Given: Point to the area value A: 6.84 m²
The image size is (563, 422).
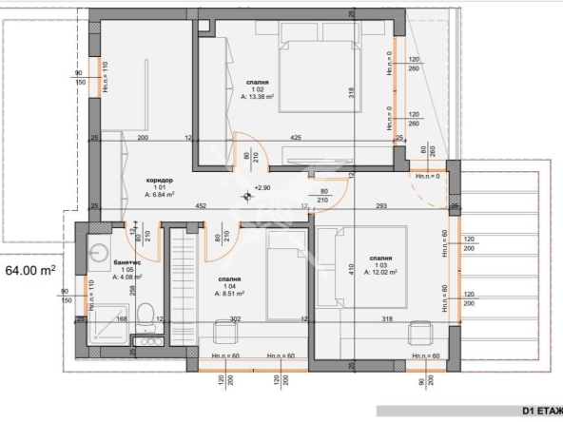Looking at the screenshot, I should (160, 194).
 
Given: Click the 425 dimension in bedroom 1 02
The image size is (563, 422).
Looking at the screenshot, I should (297, 139).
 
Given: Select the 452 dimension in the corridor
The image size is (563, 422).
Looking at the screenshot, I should (202, 204).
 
